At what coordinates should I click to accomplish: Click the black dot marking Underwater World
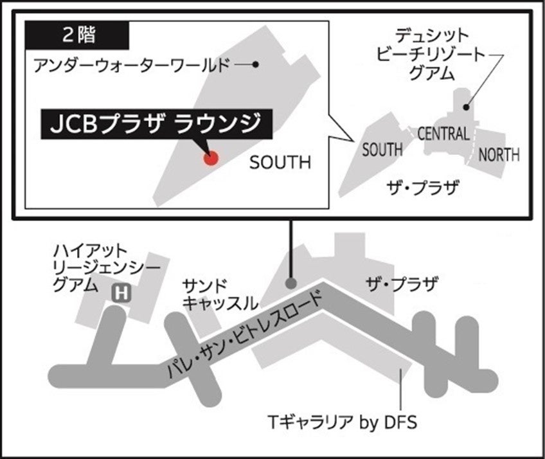tap(255, 64)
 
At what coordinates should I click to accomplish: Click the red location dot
tap(210, 158)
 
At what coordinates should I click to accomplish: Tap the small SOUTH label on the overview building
tap(382, 150)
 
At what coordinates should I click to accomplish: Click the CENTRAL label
tap(443, 134)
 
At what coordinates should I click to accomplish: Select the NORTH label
tap(499, 154)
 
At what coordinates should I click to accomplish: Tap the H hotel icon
tap(121, 294)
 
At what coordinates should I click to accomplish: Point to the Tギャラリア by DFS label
tap(342, 422)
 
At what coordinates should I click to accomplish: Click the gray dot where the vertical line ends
tap(291, 283)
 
